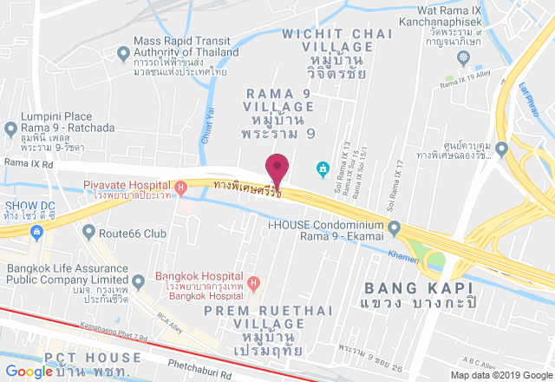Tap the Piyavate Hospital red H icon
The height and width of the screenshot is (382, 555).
click(180, 187)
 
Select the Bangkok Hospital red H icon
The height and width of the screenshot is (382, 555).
click(252, 283)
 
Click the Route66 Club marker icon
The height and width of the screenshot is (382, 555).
click(88, 233)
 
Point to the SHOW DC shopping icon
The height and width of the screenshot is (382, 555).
click(37, 233)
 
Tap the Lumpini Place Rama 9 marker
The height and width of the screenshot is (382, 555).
click(10, 130)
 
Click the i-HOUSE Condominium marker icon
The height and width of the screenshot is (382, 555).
click(394, 229)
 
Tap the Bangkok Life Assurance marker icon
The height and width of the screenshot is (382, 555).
click(138, 281)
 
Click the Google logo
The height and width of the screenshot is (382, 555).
click(29, 371)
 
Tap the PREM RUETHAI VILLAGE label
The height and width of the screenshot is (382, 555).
click(255, 310)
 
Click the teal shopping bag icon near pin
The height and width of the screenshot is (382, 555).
click(323, 167)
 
